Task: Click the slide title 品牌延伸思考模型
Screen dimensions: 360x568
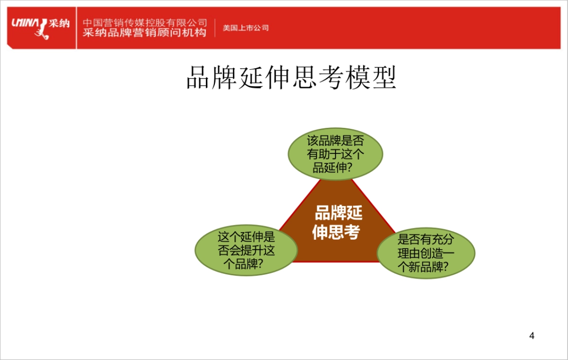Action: [x=291, y=78]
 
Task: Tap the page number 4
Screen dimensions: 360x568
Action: [x=532, y=336]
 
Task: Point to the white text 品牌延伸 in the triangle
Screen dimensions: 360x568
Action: [x=338, y=214]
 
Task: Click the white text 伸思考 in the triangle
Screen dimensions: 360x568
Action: [x=336, y=232]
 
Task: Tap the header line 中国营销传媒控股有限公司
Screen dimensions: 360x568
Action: [x=145, y=23]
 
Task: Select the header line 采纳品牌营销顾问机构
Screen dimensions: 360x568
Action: [x=145, y=33]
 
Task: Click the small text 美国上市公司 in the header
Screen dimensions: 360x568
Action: [x=246, y=28]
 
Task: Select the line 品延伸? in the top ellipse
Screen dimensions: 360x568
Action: [x=336, y=168]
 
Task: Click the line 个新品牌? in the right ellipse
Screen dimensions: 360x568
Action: [x=423, y=267]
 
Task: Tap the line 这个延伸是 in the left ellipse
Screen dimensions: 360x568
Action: [x=246, y=237]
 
